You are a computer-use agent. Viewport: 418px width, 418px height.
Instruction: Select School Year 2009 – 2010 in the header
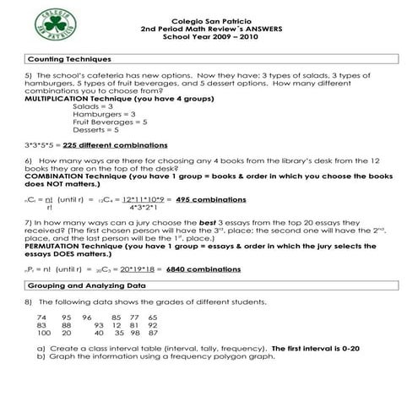click(208, 38)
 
